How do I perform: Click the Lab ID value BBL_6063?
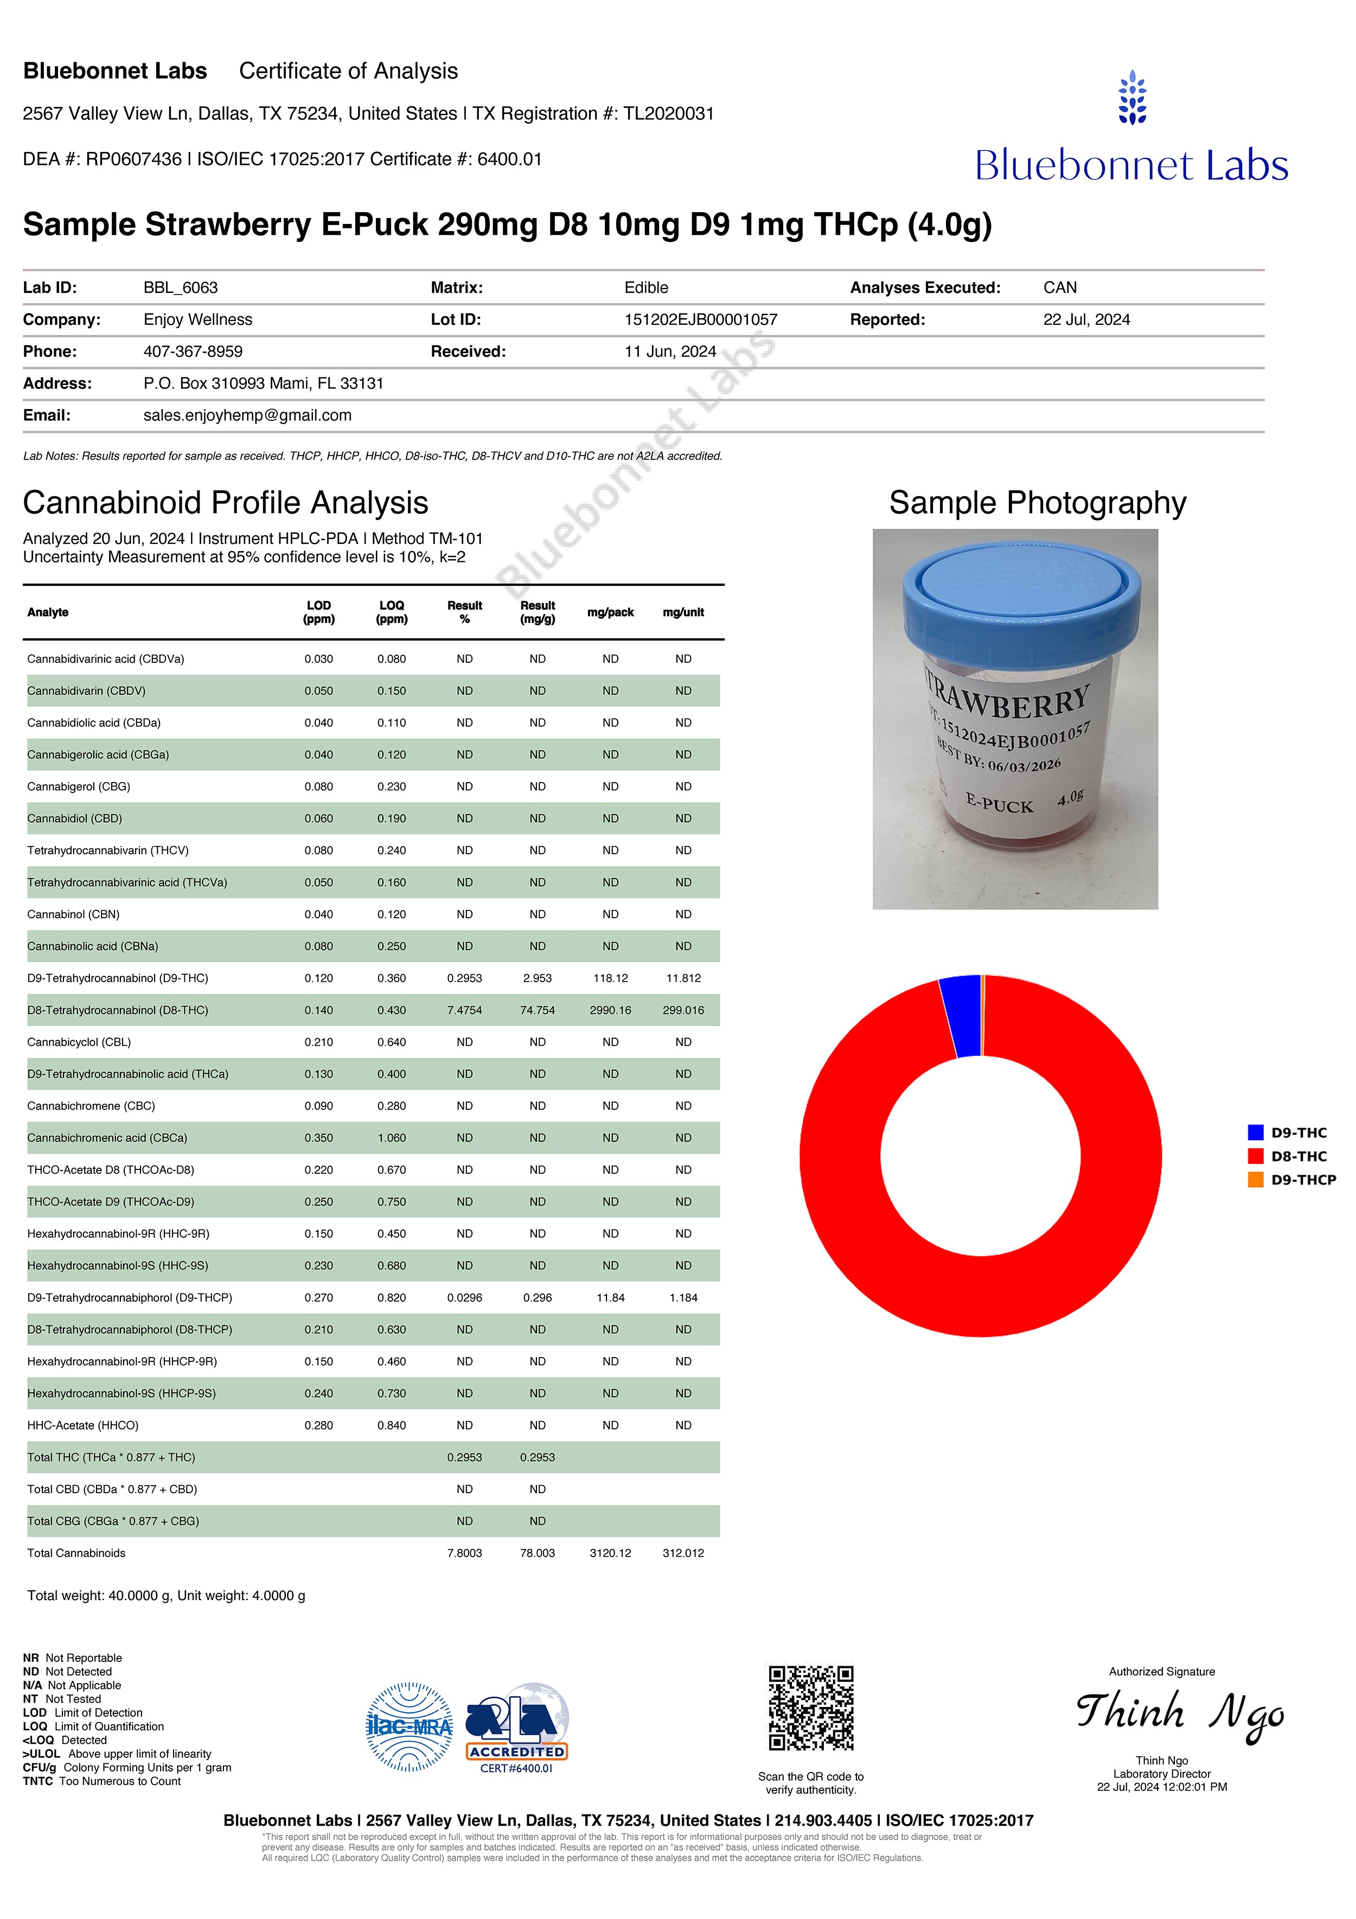point(181,287)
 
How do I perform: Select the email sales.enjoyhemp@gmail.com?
point(247,415)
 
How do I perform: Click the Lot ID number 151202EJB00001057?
point(701,319)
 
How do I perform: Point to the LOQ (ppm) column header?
point(391,612)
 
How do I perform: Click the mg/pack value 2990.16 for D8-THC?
point(610,1009)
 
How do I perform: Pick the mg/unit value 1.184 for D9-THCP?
point(683,1297)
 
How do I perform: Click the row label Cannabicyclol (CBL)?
point(79,1041)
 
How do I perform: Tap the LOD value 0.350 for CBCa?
point(318,1137)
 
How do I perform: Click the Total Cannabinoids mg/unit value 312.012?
point(683,1553)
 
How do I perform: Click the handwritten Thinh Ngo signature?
point(1179,1713)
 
